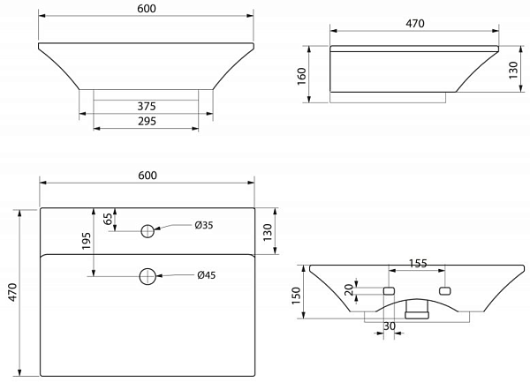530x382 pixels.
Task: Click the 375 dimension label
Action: point(147,106)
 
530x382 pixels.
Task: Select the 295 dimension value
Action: point(147,121)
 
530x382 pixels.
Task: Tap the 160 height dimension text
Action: point(301,77)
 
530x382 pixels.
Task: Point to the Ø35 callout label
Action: point(204,225)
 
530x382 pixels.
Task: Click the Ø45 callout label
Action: point(207,275)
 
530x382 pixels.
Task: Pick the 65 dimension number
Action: point(108,219)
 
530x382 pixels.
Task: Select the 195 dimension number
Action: point(87,241)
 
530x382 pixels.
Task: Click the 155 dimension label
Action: point(418,263)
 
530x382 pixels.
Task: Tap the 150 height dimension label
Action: point(296,296)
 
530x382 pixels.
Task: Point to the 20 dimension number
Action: point(349,290)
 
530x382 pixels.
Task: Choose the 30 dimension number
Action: point(390,326)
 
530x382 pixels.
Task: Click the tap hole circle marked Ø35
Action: point(148,231)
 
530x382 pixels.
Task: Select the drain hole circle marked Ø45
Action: point(148,276)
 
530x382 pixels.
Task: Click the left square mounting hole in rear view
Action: point(389,291)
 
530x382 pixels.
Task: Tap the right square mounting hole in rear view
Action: point(444,291)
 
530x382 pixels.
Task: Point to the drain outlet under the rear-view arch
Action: point(417,310)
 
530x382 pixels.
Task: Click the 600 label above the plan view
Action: point(148,176)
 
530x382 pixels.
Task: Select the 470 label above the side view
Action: point(415,24)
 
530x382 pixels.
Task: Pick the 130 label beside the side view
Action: point(513,71)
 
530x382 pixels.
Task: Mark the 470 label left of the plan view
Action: point(12,292)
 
